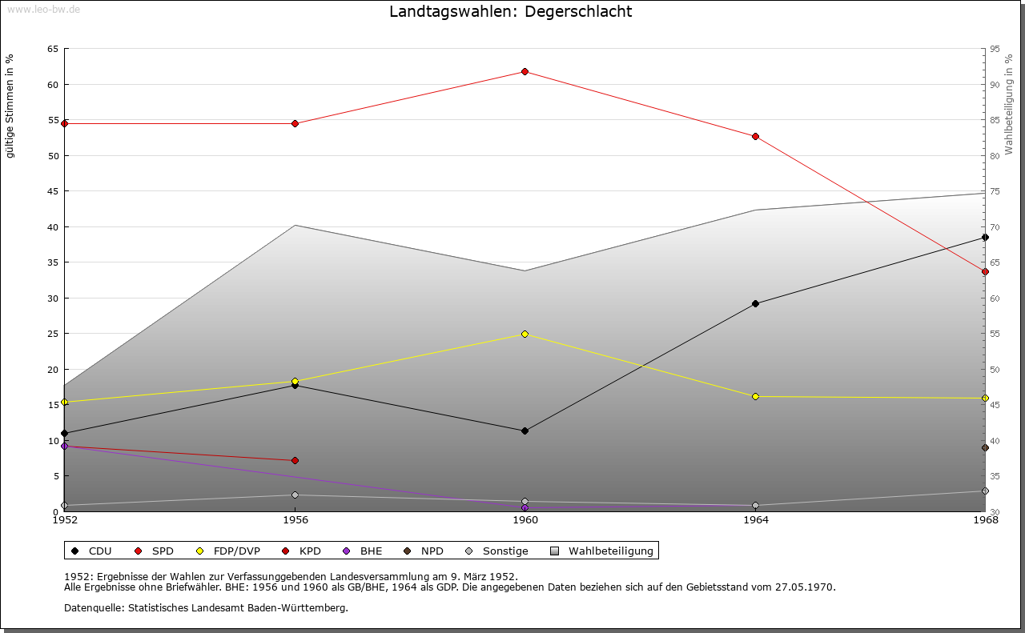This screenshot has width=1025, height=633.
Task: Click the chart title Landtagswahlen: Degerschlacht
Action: pos(510,11)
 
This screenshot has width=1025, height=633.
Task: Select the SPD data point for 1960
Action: pos(525,72)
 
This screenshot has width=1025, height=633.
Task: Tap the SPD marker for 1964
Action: pos(755,137)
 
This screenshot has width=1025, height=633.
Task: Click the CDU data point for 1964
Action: pos(755,304)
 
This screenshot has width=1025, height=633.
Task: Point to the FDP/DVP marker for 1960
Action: pos(525,334)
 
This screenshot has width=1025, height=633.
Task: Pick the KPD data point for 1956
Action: pos(295,460)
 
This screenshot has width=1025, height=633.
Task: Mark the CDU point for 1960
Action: pos(525,431)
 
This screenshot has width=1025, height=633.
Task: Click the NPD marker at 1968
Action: pos(985,447)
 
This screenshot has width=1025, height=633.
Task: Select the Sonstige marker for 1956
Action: pos(295,495)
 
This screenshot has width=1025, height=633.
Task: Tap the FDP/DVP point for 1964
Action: pos(755,396)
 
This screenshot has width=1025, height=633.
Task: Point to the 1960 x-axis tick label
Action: pos(525,520)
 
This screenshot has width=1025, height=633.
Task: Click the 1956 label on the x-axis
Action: pos(295,520)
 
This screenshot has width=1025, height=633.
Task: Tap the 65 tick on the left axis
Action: pos(53,49)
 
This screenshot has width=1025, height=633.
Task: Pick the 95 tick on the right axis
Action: pos(995,49)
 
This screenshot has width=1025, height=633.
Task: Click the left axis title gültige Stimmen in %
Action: pos(10,106)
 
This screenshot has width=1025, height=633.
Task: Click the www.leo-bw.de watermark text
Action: pos(43,9)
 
